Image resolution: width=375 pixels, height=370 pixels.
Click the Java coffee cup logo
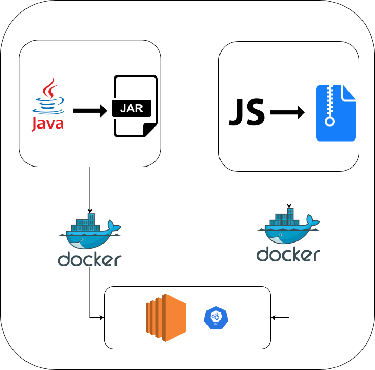48,97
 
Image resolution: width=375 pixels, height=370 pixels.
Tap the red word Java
48,124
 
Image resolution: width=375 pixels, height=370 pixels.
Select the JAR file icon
135,106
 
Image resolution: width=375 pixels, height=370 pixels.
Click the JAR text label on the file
131,109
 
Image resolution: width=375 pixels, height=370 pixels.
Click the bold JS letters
247,112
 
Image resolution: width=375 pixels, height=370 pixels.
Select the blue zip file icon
335,113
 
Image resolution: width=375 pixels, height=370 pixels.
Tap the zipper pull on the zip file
329,122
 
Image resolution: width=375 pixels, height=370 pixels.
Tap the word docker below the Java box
89,259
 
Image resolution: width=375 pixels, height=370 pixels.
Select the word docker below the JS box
288,254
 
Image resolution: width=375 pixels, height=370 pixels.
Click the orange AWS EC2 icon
165,317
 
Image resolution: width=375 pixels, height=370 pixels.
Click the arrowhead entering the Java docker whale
90,210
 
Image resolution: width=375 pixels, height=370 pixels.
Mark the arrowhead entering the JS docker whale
289,206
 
